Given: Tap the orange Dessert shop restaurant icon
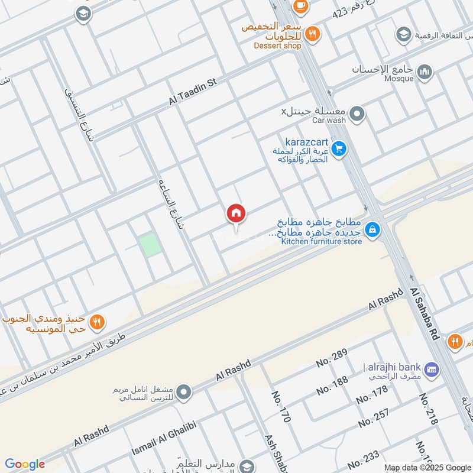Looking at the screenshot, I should click(x=313, y=33).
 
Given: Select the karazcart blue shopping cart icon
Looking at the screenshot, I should click(x=338, y=148).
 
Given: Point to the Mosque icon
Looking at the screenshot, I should click(x=424, y=72).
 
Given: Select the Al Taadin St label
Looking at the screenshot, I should click(x=193, y=92).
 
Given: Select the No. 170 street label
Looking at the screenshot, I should click(x=281, y=406).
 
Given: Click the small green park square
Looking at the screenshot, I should click(x=150, y=245).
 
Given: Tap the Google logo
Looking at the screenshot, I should click(x=25, y=464).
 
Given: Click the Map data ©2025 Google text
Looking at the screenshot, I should click(x=427, y=467).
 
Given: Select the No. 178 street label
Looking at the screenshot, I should click(x=372, y=394).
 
